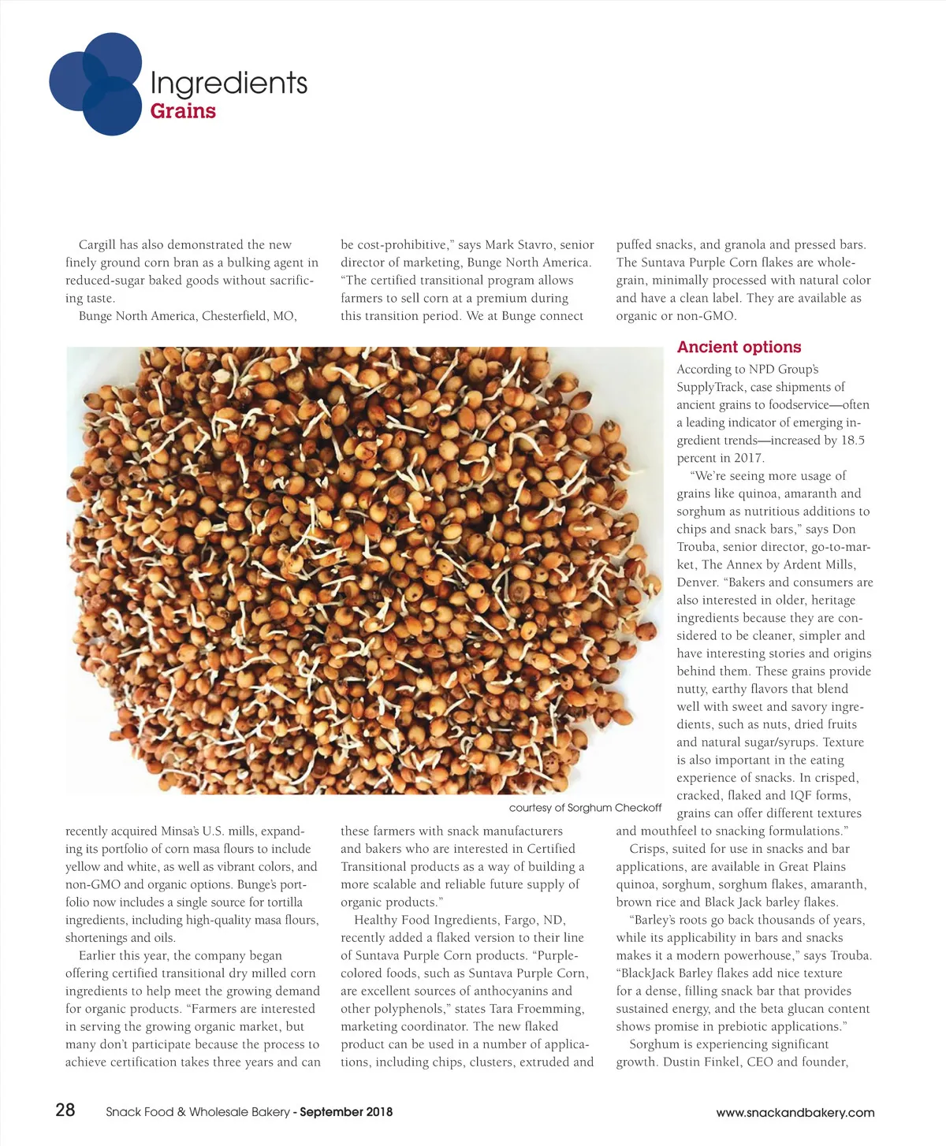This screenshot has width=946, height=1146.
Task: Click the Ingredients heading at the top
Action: pyautogui.click(x=228, y=83)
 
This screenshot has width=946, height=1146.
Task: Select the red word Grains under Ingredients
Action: pyautogui.click(x=183, y=111)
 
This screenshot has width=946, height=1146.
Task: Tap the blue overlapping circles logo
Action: pyautogui.click(x=95, y=84)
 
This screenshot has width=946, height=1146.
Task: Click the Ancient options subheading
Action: pyautogui.click(x=739, y=347)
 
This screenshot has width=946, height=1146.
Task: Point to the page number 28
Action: pyautogui.click(x=65, y=1110)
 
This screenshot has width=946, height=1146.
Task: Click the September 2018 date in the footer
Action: pyautogui.click(x=346, y=1112)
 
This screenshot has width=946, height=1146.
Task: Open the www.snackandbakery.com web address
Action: pyautogui.click(x=795, y=1113)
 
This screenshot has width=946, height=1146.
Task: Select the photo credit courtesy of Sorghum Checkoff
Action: pyautogui.click(x=585, y=807)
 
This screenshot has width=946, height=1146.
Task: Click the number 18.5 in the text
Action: pyautogui.click(x=852, y=441)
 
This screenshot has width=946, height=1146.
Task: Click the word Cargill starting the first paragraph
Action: pyautogui.click(x=97, y=245)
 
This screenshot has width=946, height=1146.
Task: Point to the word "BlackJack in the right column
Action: pyautogui.click(x=651, y=973)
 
